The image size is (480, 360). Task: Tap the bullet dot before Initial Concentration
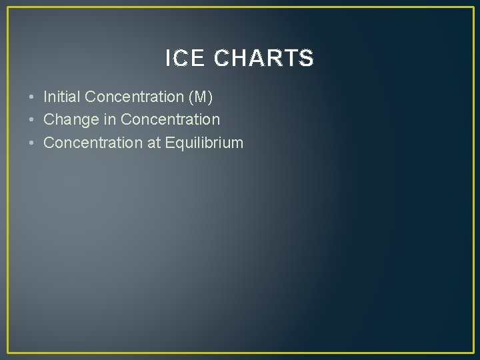pyautogui.click(x=33, y=97)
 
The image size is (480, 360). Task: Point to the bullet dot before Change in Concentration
pyautogui.click(x=33, y=120)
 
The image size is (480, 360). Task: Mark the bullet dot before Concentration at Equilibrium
pyautogui.click(x=33, y=143)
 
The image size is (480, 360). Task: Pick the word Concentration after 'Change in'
pyautogui.click(x=170, y=120)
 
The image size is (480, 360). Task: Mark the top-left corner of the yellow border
pyautogui.click(x=8, y=8)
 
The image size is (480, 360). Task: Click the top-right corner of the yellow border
pyautogui.click(x=472, y=8)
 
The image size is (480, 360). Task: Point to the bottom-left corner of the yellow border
pyautogui.click(x=8, y=352)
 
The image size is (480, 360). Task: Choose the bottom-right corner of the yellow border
pyautogui.click(x=472, y=352)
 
